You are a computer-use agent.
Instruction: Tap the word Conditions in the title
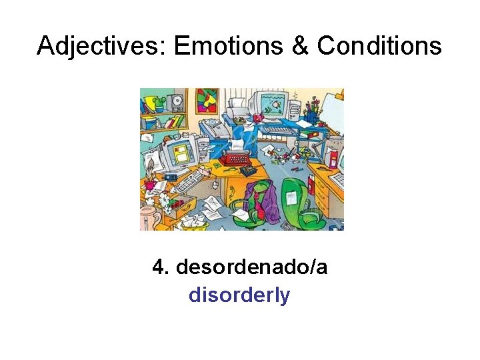pyautogui.click(x=379, y=47)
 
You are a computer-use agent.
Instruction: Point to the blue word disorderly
pyautogui.click(x=239, y=295)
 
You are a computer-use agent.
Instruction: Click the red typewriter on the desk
pyautogui.click(x=235, y=158)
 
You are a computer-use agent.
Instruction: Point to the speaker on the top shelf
pyautogui.click(x=176, y=102)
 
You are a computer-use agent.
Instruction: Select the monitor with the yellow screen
pyautogui.click(x=181, y=150)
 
